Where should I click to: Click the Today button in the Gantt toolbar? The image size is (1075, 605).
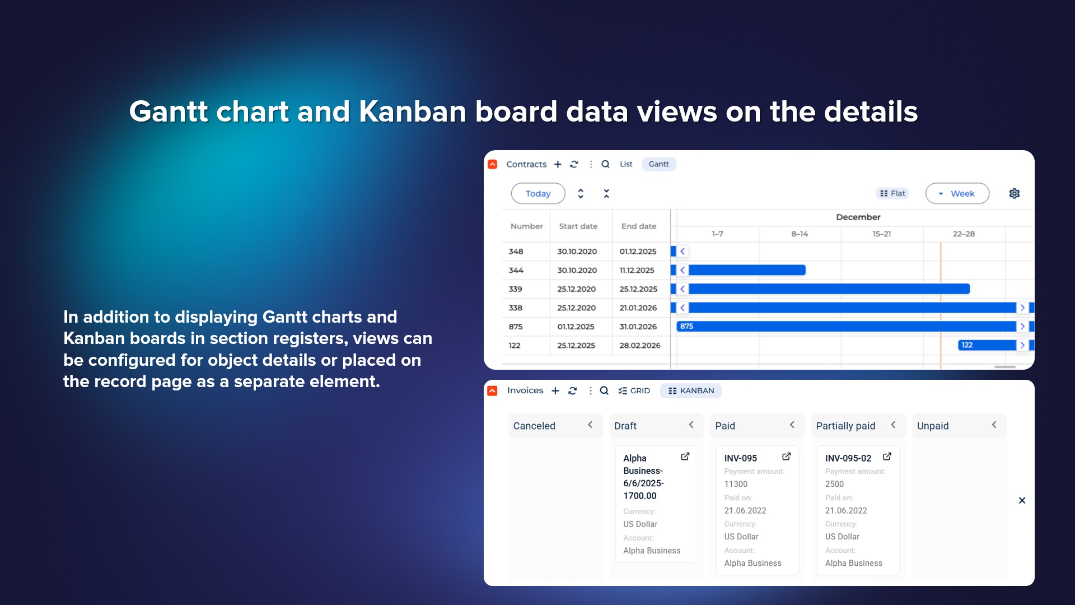[x=538, y=193]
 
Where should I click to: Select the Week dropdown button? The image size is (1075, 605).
[x=957, y=193]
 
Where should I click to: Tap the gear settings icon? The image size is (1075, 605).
[x=1015, y=193]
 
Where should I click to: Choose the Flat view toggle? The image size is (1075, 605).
[x=892, y=193]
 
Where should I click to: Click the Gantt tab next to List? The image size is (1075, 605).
[x=658, y=164]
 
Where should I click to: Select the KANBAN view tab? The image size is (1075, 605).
[x=691, y=390]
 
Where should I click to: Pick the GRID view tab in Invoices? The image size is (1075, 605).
[x=634, y=390]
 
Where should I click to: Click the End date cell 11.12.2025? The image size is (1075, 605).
[x=637, y=270]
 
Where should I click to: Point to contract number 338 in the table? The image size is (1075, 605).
[x=515, y=308]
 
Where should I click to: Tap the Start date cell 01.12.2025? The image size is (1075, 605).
[x=576, y=327]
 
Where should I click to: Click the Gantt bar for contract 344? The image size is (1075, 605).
[x=747, y=270]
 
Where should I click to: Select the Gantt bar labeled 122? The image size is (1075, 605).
[x=987, y=345]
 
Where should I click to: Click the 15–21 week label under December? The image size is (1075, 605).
[x=882, y=234]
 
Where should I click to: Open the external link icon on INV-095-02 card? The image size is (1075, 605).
[x=887, y=457]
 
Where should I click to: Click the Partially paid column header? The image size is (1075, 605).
[x=845, y=426]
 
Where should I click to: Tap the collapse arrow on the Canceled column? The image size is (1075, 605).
[x=590, y=425]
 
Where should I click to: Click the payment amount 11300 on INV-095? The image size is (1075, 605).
[x=736, y=484]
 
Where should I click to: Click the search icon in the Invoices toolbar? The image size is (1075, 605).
[x=604, y=390]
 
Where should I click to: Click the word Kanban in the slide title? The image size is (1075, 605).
[x=413, y=111]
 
